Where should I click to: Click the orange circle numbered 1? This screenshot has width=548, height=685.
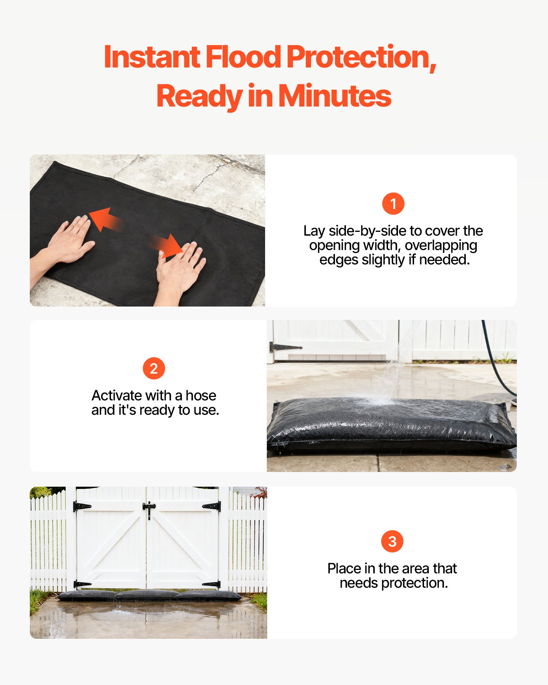(393, 204)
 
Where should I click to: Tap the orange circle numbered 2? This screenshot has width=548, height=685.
(154, 369)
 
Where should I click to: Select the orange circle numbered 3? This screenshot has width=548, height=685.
(392, 541)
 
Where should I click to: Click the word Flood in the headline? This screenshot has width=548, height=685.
(243, 57)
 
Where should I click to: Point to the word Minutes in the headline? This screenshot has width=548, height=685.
(335, 96)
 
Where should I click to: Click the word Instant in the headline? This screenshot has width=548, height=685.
(152, 57)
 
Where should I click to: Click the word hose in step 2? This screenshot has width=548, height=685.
(201, 396)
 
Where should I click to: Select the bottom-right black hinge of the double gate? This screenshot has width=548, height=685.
(212, 584)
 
